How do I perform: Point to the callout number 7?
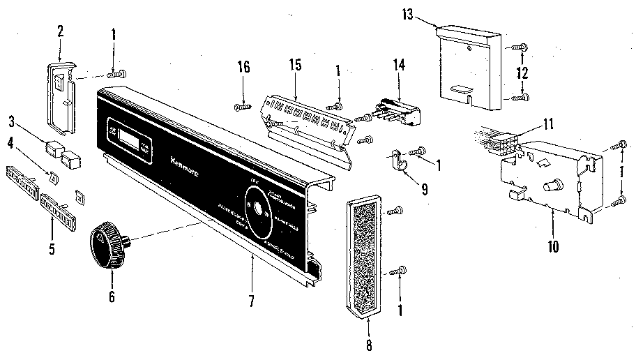252,302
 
